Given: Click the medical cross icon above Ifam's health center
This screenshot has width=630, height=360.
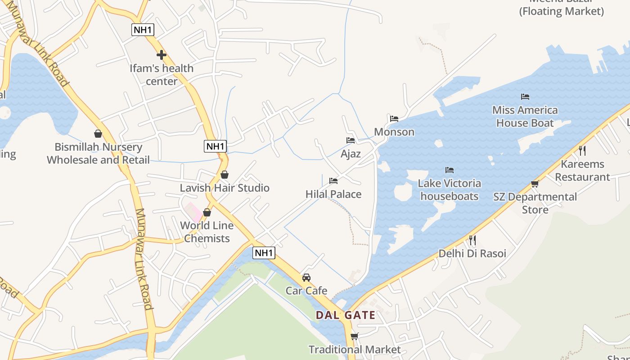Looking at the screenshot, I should (161, 55).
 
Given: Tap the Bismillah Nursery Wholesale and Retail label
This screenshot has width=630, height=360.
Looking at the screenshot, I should (98, 153).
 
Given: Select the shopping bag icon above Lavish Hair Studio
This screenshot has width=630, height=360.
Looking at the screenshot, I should (224, 175).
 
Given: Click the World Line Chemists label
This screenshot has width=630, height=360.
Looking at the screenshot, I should (207, 232).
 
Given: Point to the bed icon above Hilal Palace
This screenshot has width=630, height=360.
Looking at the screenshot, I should (333, 181).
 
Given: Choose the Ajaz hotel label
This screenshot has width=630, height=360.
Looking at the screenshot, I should (351, 154).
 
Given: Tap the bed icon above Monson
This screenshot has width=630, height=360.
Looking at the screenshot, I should (394, 119).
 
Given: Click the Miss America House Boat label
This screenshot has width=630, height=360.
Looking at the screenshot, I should (525, 117).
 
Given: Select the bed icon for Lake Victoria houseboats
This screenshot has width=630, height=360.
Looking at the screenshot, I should (449, 170).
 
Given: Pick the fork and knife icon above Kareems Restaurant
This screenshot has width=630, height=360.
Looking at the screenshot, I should (582, 150).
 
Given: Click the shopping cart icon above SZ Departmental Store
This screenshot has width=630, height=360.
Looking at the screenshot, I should (535, 184).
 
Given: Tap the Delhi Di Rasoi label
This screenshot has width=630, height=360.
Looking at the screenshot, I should (472, 253).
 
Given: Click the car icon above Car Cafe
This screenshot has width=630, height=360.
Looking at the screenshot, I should (306, 277).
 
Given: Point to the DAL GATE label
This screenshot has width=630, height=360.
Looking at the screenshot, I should (346, 315).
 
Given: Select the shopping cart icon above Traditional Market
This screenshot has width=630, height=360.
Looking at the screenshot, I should (354, 336).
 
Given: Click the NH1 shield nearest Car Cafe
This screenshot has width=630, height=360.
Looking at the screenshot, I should (264, 253).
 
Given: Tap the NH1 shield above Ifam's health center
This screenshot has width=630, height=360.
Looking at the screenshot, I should (143, 30).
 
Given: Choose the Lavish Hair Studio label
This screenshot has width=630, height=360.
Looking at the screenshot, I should (225, 188).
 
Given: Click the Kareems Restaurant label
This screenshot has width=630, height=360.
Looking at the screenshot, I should (582, 170).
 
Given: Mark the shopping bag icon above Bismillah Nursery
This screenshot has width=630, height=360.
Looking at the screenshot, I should (98, 134).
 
